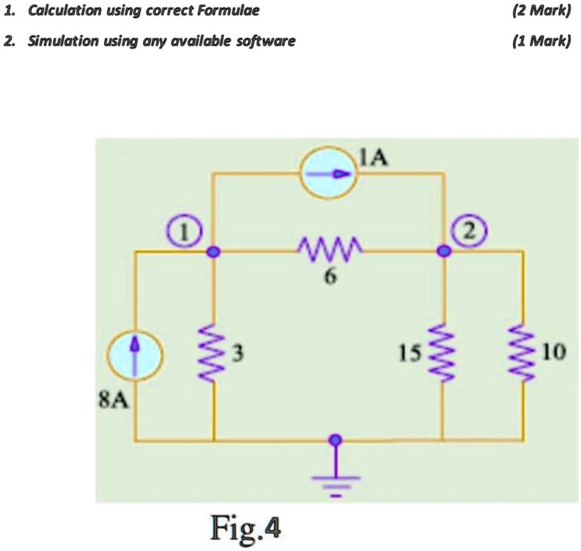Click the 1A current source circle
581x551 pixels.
(x=330, y=173)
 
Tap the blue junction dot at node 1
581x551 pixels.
(x=214, y=252)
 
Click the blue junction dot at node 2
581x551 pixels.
(x=442, y=252)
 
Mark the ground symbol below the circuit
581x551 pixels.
(x=335, y=482)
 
